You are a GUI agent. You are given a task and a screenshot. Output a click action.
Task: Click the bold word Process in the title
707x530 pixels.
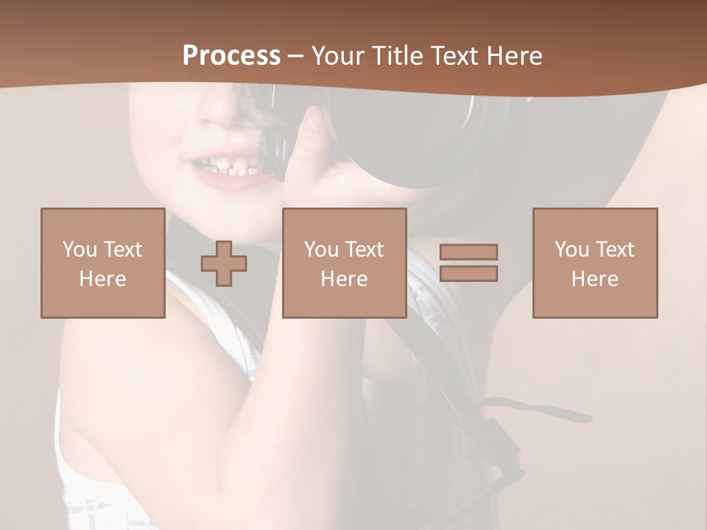[x=231, y=56]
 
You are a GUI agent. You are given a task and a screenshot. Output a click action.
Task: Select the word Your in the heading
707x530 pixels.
[x=338, y=56]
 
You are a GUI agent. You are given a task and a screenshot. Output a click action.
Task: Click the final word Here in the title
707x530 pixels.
[x=514, y=56]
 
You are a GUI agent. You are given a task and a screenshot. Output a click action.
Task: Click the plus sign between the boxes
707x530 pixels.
[x=224, y=264]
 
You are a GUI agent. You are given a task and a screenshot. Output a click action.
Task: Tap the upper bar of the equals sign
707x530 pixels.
[x=468, y=252]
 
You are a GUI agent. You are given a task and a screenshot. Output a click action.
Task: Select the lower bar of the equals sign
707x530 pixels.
[x=468, y=274]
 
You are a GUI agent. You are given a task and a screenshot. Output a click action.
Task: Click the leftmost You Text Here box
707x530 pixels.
[x=103, y=263]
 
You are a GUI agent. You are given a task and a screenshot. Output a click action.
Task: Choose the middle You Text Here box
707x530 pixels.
[x=345, y=263]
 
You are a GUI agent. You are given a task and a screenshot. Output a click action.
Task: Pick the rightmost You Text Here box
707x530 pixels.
[x=595, y=263]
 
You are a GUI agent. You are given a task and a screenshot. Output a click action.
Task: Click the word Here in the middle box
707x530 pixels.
[x=345, y=279]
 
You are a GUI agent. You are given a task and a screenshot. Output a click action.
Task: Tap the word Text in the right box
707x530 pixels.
[x=614, y=249]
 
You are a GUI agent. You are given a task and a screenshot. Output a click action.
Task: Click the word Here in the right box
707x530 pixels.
[x=595, y=279]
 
